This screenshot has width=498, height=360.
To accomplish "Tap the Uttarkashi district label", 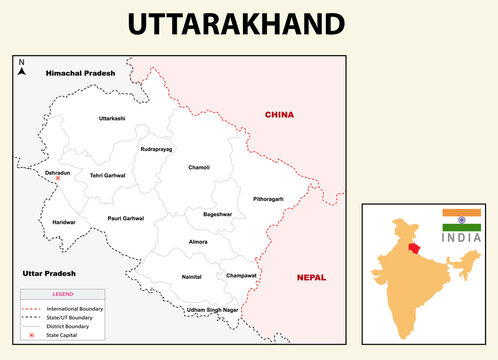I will point(112,119).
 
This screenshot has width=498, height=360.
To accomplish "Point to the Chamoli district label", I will point(199,167).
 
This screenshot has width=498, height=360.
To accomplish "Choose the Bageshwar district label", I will point(217,214).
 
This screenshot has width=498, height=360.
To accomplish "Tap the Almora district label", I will point(199,242).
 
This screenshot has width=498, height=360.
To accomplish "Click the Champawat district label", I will point(241,274).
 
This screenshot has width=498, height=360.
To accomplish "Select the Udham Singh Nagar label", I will point(212,310).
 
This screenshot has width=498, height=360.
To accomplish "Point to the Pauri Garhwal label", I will point(126,218).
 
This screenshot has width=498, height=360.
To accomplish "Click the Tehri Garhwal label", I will point(107,175).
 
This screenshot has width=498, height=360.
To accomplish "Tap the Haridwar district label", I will point(63,221).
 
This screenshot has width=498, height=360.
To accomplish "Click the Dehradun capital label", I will point(57,172).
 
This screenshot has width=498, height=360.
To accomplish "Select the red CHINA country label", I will point(279,115).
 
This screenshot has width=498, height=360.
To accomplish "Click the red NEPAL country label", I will point(311,277).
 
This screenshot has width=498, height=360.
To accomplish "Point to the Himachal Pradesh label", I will point(80,73).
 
